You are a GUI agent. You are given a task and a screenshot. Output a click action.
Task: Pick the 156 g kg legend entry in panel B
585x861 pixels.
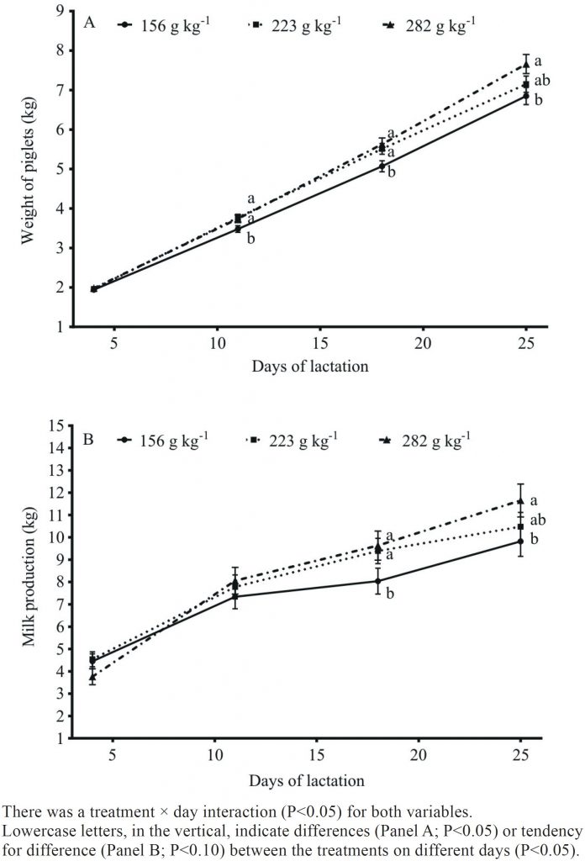pyautogui.click(x=165, y=439)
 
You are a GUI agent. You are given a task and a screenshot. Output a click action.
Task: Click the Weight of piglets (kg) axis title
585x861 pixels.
pyautogui.click(x=27, y=168)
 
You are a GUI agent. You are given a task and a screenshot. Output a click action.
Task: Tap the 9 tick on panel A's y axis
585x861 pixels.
pyautogui.click(x=61, y=12)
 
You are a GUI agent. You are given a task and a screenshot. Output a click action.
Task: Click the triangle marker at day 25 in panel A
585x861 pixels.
pyautogui.click(x=525, y=65)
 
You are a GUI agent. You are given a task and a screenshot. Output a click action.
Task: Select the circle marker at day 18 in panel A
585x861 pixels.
pyautogui.click(x=382, y=166)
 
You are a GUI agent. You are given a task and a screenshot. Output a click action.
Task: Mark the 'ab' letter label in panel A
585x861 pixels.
pyautogui.click(x=542, y=81)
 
